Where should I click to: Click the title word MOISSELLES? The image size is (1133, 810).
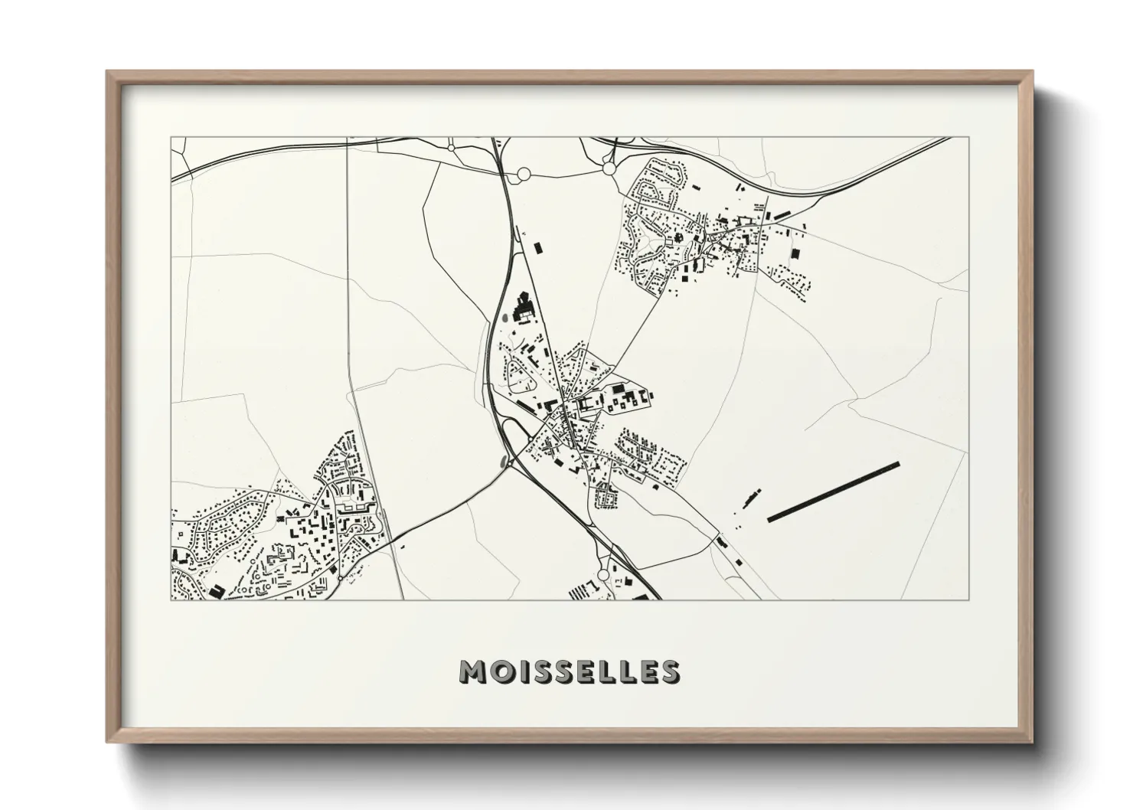click(x=568, y=671)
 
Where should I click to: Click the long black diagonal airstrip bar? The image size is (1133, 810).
click(x=833, y=492)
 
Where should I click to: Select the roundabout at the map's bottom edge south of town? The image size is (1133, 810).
click(x=603, y=574)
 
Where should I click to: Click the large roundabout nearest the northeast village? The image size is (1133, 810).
click(x=609, y=168)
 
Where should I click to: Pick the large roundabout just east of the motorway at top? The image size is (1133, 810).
click(x=524, y=175)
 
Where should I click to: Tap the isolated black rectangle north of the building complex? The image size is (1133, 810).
click(x=537, y=247)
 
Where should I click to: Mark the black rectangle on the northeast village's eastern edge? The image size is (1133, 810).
click(x=795, y=253)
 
